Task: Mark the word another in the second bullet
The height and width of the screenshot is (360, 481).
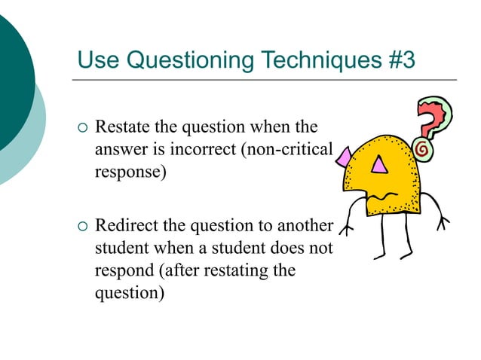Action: tap(305, 226)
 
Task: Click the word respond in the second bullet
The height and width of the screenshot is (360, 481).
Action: tap(122, 270)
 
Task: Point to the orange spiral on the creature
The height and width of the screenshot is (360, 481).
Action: tap(423, 150)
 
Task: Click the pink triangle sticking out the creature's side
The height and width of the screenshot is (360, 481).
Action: tap(344, 157)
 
